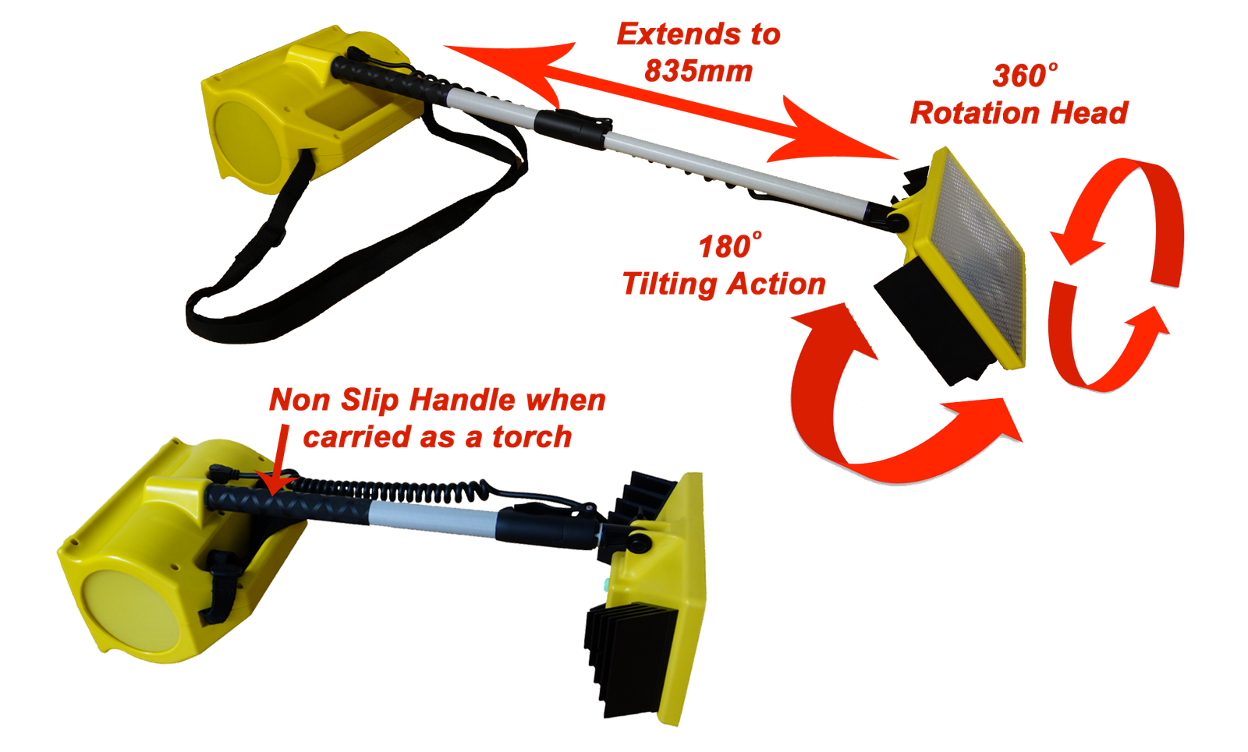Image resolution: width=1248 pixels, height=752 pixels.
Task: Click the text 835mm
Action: [698, 71]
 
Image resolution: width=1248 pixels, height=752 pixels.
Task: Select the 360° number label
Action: [1025, 76]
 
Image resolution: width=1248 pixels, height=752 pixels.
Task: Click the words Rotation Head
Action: [1019, 113]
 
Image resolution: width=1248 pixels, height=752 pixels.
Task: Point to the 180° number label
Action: [730, 245]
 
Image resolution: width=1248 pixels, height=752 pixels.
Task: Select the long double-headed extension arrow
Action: [671, 102]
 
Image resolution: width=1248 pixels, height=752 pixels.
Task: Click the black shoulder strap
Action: [346, 250]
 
